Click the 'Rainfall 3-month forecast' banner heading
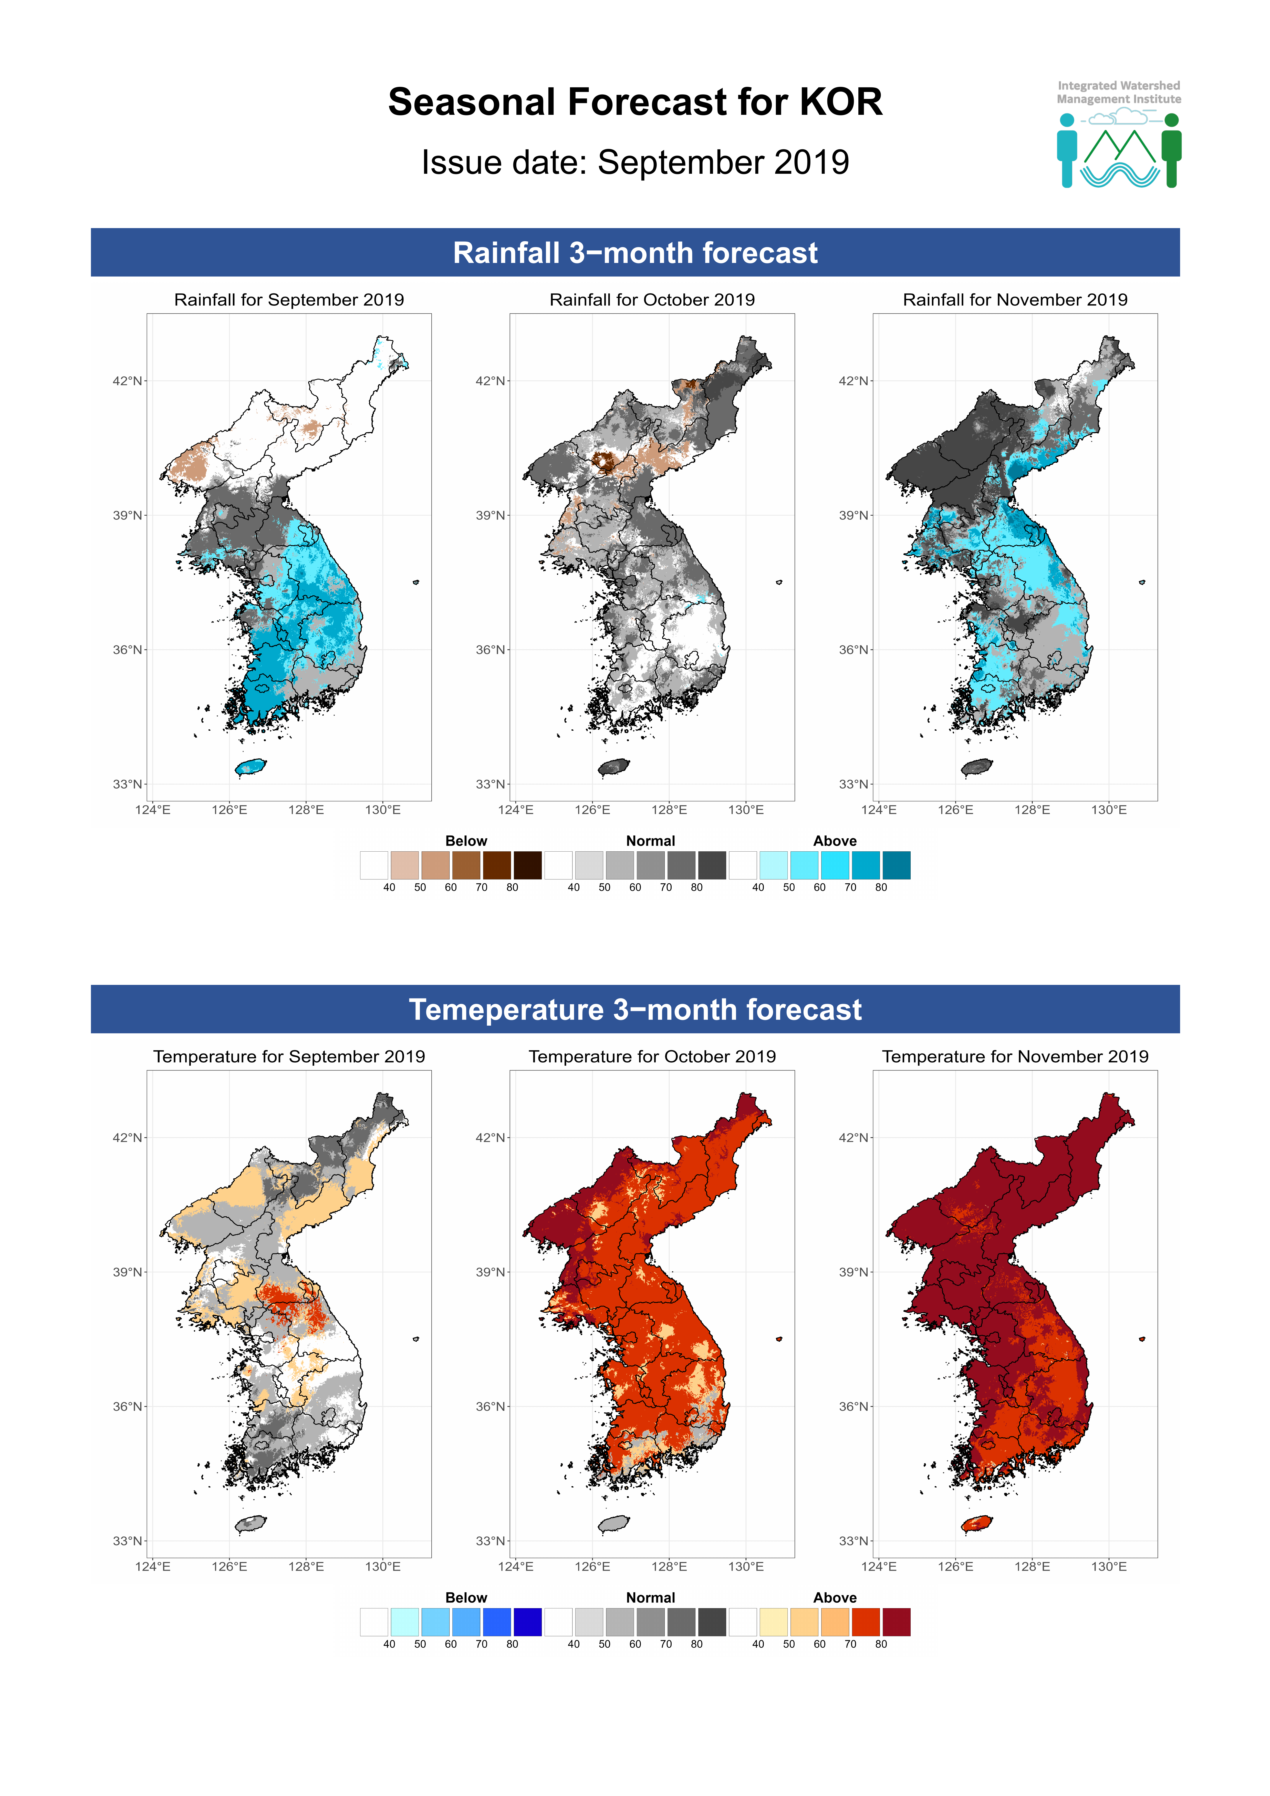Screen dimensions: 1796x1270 tap(635, 253)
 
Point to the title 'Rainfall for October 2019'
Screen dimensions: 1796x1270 tap(652, 300)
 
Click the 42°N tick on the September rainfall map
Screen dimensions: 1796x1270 tap(128, 381)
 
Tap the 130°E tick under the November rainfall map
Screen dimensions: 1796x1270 tap(1109, 810)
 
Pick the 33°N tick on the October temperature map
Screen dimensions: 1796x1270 tap(490, 1541)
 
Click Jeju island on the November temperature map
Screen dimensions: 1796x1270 tap(977, 1523)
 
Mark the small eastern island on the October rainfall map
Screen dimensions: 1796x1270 tap(779, 582)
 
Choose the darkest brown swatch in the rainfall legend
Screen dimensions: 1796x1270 tap(527, 865)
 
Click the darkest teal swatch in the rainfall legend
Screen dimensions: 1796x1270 tap(896, 865)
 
